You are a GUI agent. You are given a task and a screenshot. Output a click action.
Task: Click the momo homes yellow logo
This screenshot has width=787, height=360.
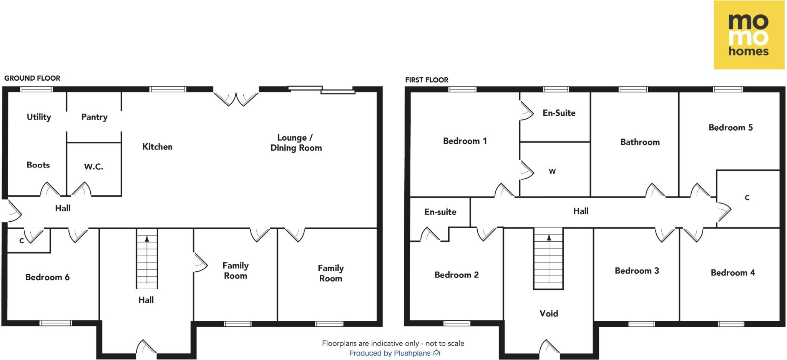pyautogui.click(x=749, y=35)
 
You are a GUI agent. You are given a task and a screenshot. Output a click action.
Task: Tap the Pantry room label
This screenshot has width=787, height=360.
pyautogui.click(x=94, y=117)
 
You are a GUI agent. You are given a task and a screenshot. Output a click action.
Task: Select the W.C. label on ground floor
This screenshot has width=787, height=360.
pyautogui.click(x=93, y=166)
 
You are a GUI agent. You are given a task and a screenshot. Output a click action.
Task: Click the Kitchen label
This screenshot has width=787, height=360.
pyautogui.click(x=157, y=146)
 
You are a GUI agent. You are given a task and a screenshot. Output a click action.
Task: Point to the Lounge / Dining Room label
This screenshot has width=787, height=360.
pyautogui.click(x=296, y=143)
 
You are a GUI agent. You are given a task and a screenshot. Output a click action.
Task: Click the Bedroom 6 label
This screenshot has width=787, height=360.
pyautogui.click(x=47, y=277)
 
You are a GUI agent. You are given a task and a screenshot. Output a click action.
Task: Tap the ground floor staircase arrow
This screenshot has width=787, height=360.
pyautogui.click(x=147, y=239)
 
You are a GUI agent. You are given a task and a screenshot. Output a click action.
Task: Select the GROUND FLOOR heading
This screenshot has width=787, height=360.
pyautogui.click(x=32, y=78)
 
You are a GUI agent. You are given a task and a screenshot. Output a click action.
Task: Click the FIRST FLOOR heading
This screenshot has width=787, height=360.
pyautogui.click(x=427, y=80)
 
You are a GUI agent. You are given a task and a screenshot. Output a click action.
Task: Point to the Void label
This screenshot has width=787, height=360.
pyautogui.click(x=549, y=313)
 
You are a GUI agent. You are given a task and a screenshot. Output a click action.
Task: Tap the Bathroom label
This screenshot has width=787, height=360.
pyautogui.click(x=640, y=142)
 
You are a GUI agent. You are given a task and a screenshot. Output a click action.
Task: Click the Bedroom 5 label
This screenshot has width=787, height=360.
pyautogui.click(x=731, y=128)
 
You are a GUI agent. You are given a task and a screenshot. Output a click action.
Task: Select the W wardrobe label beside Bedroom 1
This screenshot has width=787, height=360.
pyautogui.click(x=552, y=171)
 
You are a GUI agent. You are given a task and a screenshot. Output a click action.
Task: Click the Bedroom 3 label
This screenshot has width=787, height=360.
pyautogui.click(x=637, y=270)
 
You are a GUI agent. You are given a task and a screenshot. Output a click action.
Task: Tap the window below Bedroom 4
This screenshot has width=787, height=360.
pyautogui.click(x=731, y=324)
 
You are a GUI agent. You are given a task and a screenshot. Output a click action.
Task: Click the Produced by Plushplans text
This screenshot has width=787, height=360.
pyautogui.click(x=390, y=353)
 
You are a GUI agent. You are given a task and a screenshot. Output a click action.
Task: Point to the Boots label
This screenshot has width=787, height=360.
pyautogui.click(x=38, y=165)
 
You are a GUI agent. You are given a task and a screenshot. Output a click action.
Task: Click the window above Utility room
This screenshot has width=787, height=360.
pyautogui.click(x=37, y=89)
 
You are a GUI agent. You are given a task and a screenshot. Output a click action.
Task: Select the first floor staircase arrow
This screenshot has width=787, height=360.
pyautogui.click(x=549, y=238)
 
